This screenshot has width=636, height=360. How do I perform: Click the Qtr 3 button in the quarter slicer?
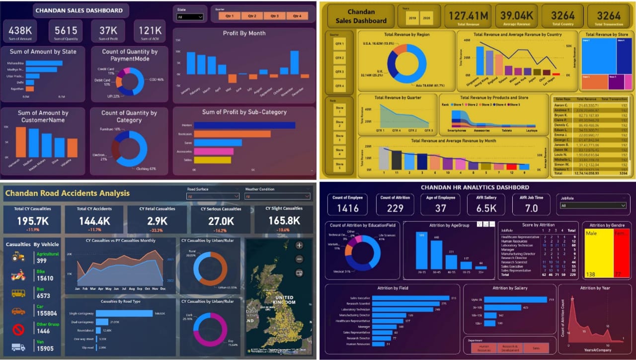pyautogui.click(x=275, y=16)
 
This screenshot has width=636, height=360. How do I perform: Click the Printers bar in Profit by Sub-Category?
pyautogui.click(x=243, y=125)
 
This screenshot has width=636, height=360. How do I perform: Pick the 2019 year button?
pyautogui.click(x=412, y=18)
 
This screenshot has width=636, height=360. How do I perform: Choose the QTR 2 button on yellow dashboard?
pyautogui.click(x=339, y=58)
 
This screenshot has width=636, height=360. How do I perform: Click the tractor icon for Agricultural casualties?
pyautogui.click(x=18, y=257)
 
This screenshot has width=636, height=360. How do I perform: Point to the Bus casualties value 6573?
pyautogui.click(x=44, y=296)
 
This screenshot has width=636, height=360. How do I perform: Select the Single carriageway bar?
pyautogui.click(x=124, y=313)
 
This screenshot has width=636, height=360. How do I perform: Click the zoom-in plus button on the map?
pyautogui.click(x=299, y=245)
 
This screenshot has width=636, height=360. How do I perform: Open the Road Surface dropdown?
pyautogui.click(x=213, y=196)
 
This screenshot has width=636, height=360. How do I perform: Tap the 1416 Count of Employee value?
pyautogui.click(x=347, y=208)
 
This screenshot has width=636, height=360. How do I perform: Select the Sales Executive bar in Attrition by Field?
pyautogui.click(x=410, y=298)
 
